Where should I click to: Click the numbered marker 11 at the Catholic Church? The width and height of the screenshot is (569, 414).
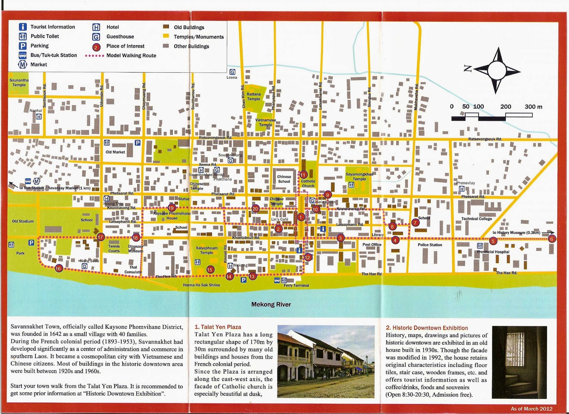tap(303, 175)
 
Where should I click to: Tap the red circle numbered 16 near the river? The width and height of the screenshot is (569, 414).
tap(58, 269)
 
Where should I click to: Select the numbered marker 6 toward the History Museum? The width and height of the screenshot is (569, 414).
tap(552, 239)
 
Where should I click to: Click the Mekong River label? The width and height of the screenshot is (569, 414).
tap(271, 304)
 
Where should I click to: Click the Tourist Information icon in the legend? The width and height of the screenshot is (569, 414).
tap(23, 27)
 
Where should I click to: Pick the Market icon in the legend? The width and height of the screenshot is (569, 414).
tap(23, 64)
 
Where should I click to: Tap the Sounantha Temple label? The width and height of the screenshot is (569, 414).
tap(19, 83)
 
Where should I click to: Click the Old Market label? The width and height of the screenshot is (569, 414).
tap(115, 152)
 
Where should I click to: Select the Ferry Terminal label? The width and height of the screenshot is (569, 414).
tap(296, 285)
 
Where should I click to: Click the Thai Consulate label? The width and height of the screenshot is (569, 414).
tap(133, 269)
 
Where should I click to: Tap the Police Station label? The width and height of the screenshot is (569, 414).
tap(430, 245)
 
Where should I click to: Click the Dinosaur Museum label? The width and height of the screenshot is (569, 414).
tap(135, 248)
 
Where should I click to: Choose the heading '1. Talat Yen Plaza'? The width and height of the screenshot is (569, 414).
tap(218, 327)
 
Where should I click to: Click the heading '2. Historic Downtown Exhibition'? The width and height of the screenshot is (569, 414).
tap(427, 328)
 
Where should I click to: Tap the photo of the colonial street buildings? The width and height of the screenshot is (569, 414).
tap(326, 361)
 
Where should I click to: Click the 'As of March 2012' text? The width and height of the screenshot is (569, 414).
tap(531, 408)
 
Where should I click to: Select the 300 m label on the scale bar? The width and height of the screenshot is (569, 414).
tap(533, 106)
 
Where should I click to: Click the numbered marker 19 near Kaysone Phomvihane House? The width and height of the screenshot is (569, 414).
tap(172, 208)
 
